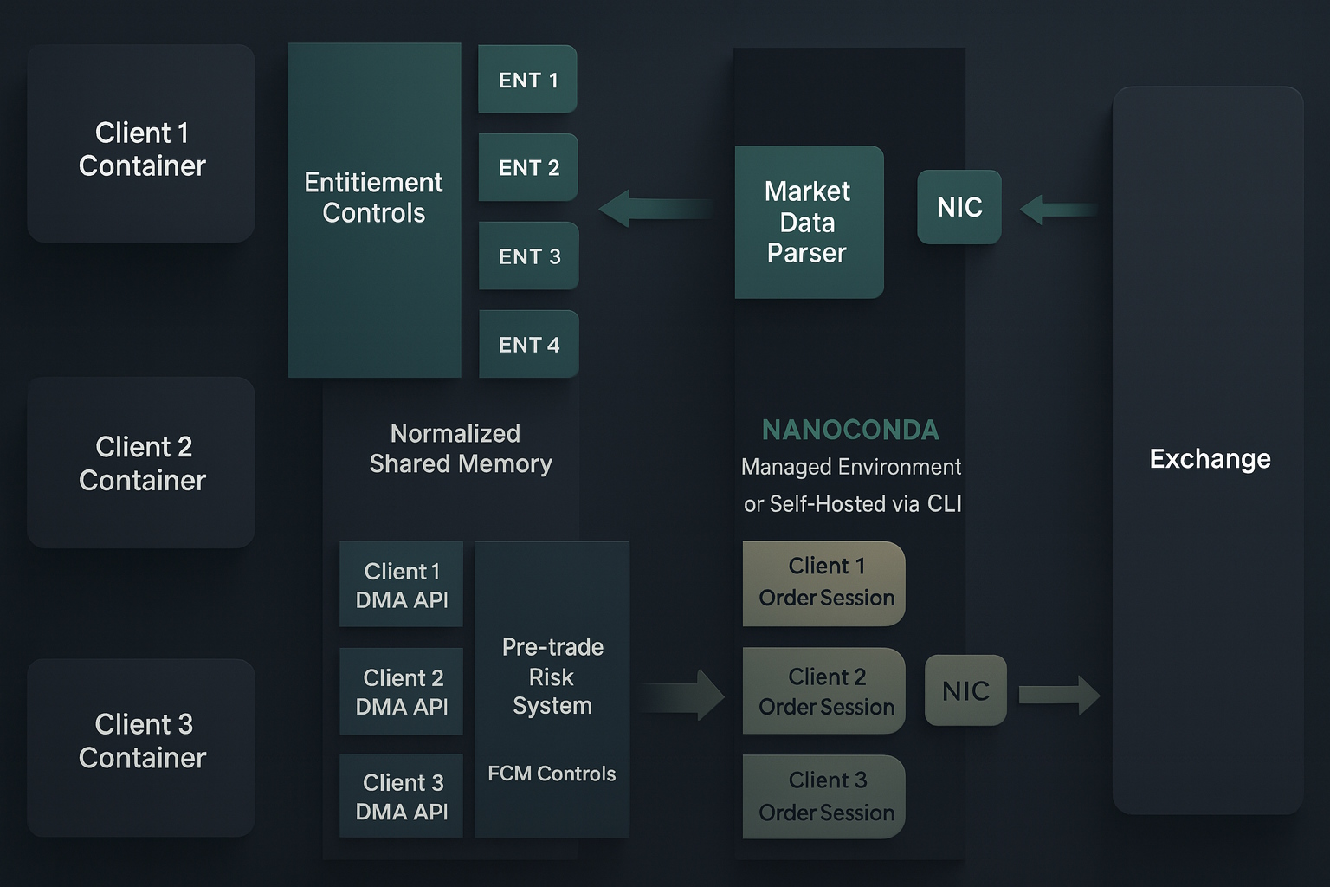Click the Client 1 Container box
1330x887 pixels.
[x=141, y=144]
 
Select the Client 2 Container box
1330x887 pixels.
[x=141, y=463]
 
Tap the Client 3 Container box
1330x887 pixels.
[x=141, y=747]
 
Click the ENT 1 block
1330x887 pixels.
[x=527, y=80]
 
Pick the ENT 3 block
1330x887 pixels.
[x=528, y=256]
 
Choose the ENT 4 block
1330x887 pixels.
[x=528, y=345]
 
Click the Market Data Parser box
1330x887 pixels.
[x=809, y=223]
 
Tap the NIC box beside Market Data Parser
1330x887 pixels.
[x=959, y=207]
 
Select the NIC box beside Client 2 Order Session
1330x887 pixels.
[x=965, y=690]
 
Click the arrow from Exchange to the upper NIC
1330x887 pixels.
[x=1058, y=210]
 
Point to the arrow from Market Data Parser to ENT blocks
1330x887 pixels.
[x=655, y=209]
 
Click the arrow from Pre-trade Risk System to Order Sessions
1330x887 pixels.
[x=682, y=695]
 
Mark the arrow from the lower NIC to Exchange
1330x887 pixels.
[x=1059, y=695]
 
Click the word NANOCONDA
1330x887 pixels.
[x=850, y=430]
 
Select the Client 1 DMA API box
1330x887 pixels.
[x=401, y=585]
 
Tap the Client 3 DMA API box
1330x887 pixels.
[x=401, y=796]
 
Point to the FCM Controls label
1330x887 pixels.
[x=552, y=774]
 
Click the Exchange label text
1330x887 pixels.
[x=1210, y=458]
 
